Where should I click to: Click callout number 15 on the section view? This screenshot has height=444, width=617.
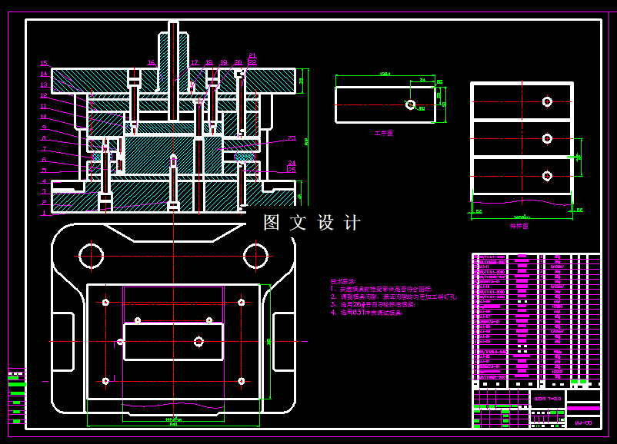[x=44, y=63]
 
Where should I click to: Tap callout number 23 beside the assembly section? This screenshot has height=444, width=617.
[x=292, y=138]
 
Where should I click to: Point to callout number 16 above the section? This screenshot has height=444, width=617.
[x=152, y=62]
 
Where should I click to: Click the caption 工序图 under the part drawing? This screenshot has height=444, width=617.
[x=383, y=133]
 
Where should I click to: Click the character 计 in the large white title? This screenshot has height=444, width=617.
[x=353, y=223]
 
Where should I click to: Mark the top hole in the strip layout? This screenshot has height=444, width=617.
[x=547, y=101]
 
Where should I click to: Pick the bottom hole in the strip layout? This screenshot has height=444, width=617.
[x=547, y=176]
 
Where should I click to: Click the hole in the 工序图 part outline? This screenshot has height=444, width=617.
[x=410, y=104]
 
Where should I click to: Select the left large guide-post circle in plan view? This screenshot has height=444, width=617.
[x=92, y=254]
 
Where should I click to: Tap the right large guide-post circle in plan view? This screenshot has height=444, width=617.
[x=255, y=254]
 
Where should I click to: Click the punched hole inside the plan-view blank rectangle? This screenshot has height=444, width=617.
[x=198, y=341]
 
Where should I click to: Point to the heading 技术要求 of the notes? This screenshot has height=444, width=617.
[x=344, y=281]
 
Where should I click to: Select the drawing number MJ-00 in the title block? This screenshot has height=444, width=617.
[x=583, y=422]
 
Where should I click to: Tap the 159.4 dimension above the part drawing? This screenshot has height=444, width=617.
[x=385, y=75]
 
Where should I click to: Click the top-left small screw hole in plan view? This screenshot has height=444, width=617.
[x=105, y=303]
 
